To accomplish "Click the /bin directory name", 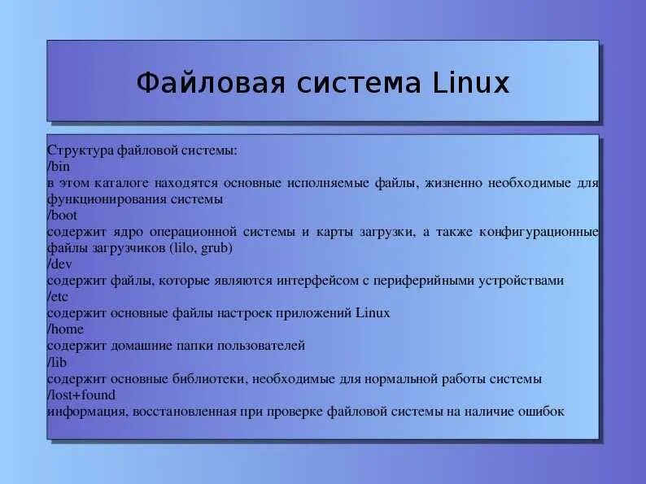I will coord(59,167).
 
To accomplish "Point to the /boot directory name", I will coord(62,216).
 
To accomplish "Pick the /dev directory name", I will coord(60,264).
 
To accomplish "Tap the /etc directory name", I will coord(59,297).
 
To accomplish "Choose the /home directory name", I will coord(65,329).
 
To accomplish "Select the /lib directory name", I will coord(58,362).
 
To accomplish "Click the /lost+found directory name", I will coord(81,395).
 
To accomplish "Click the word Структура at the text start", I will coord(80,150).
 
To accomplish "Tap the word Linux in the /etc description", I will coord(373,313).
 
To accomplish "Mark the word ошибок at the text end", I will coord(539,412).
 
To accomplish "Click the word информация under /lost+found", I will coord(85,412).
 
